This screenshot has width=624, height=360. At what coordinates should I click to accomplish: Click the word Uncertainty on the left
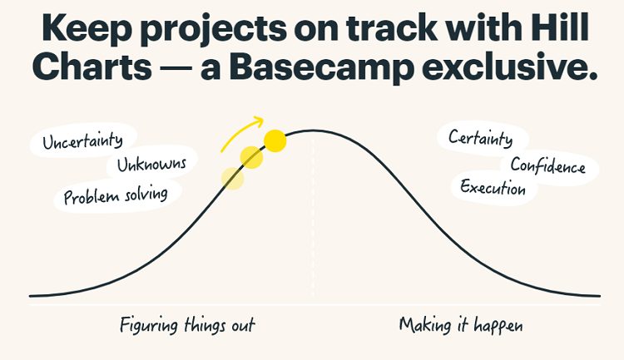82,141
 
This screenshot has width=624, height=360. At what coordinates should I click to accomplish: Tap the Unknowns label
151,164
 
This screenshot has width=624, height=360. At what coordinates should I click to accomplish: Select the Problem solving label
116,195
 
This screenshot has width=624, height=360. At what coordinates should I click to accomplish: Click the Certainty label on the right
480,139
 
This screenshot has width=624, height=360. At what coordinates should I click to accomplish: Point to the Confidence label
548,165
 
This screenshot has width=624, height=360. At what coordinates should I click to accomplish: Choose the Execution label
493,187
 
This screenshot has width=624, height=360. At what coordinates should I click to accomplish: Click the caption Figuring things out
187,325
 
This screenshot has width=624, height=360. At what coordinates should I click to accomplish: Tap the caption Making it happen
461,325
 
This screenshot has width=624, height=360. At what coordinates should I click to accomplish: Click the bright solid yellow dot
275,141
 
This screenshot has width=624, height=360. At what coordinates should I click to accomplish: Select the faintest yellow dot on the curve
232,179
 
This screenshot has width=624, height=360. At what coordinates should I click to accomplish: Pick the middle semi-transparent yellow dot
251,157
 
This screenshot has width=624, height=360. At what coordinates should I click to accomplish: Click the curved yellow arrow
241,131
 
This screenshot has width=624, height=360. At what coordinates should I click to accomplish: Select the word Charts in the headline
92,66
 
